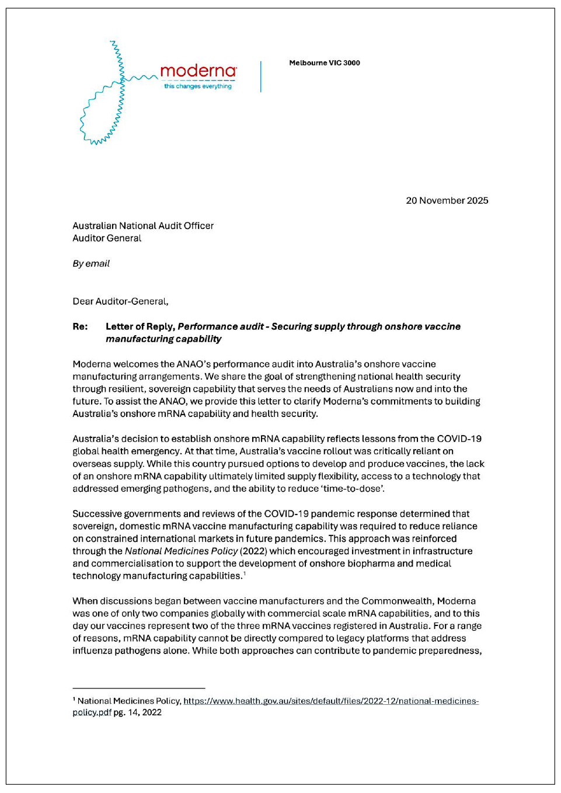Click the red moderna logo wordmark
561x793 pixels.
point(198,71)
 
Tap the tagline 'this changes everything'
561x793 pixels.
point(198,86)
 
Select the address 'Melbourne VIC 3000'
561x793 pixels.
point(325,63)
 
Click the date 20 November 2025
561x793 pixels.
point(447,201)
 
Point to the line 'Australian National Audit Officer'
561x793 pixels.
point(143,226)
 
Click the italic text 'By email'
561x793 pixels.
point(91,264)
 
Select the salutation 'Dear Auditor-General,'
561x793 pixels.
point(120,302)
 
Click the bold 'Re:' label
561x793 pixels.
point(80,327)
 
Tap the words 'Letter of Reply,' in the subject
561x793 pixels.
point(140,327)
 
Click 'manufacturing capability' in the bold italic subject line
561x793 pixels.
point(163,339)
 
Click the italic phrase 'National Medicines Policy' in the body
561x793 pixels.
point(181,551)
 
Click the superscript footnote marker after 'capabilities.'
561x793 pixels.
point(244,574)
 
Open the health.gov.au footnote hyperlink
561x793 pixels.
point(330,701)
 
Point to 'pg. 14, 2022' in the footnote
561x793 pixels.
point(138,712)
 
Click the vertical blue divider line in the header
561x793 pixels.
point(261,76)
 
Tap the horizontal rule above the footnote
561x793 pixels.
point(139,688)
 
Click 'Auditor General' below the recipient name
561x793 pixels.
point(107,238)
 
